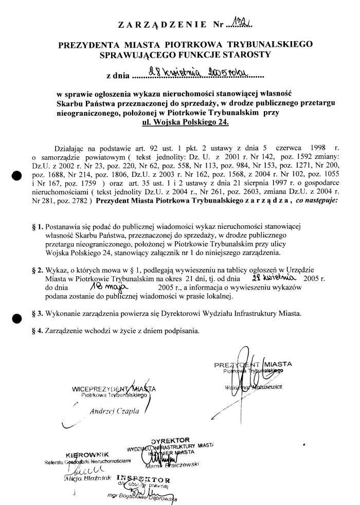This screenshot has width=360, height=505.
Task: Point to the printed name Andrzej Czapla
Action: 111,410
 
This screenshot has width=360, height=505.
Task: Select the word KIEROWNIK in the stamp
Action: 88,454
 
